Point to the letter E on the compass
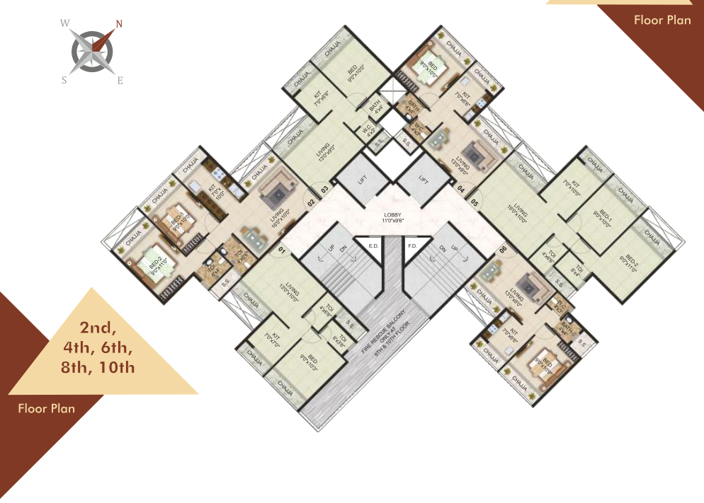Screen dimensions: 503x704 [x=120, y=81]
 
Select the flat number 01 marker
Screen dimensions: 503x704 [x=281, y=250]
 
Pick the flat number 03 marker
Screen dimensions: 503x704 [x=325, y=189]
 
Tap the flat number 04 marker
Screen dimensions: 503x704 [x=460, y=189]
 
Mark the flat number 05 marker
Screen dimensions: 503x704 [x=475, y=203]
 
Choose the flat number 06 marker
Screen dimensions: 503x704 [x=503, y=250]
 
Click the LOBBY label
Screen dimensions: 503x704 [x=392, y=216]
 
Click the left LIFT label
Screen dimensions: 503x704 [x=362, y=180]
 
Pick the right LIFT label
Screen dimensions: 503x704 [x=424, y=180]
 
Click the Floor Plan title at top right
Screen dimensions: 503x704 [x=662, y=20]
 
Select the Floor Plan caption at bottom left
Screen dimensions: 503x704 [x=47, y=407]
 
